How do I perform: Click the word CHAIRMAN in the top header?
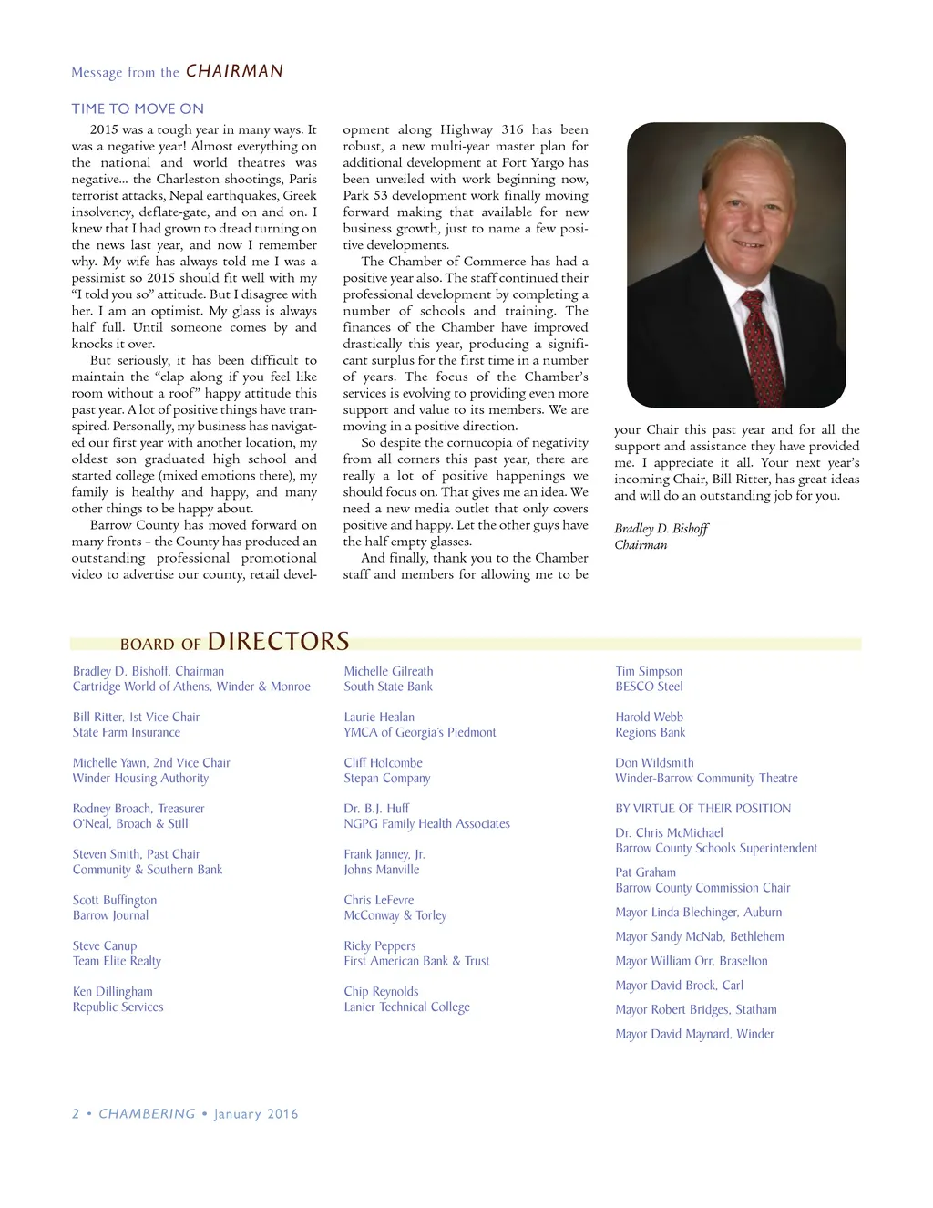234,71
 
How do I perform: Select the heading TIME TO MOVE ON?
138,108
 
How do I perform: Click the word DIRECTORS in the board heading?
278,642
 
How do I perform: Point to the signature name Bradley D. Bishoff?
661,529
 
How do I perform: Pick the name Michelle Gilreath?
388,671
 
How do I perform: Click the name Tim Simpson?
648,671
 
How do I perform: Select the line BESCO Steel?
648,687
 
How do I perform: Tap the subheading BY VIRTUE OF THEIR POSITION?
702,809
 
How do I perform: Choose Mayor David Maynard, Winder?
694,1034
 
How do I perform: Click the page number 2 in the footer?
76,1113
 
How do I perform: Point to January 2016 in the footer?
256,1113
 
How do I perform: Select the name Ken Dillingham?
113,991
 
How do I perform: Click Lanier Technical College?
406,1007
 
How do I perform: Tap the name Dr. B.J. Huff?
376,808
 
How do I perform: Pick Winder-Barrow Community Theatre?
706,778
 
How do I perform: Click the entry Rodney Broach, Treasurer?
138,809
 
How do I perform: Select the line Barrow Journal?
110,915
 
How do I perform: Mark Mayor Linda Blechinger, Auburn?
698,912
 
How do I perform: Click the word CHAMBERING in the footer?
147,1113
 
